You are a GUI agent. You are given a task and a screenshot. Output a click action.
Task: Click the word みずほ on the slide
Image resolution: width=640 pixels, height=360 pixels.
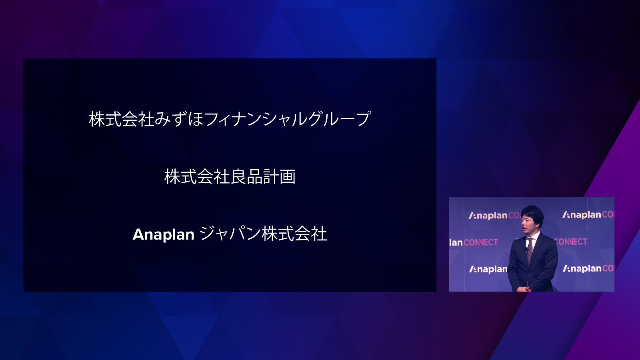(x=179, y=119)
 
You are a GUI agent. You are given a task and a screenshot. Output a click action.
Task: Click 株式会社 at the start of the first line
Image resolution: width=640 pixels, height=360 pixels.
(x=122, y=119)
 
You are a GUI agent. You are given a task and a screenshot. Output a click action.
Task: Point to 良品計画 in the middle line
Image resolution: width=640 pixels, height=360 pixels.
(x=263, y=176)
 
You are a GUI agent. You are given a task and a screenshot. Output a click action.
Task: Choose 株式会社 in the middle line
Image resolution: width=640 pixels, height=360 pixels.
(x=197, y=176)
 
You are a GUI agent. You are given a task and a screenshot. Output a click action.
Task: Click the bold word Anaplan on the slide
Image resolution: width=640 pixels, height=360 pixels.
(x=164, y=234)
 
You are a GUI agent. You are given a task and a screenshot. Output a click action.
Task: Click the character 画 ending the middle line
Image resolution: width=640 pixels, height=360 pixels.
(x=288, y=176)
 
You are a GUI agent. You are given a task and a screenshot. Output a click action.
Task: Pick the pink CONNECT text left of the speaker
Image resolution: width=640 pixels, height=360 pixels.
(x=480, y=242)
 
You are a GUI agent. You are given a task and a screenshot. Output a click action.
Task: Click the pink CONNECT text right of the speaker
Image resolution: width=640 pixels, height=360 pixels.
(x=570, y=242)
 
